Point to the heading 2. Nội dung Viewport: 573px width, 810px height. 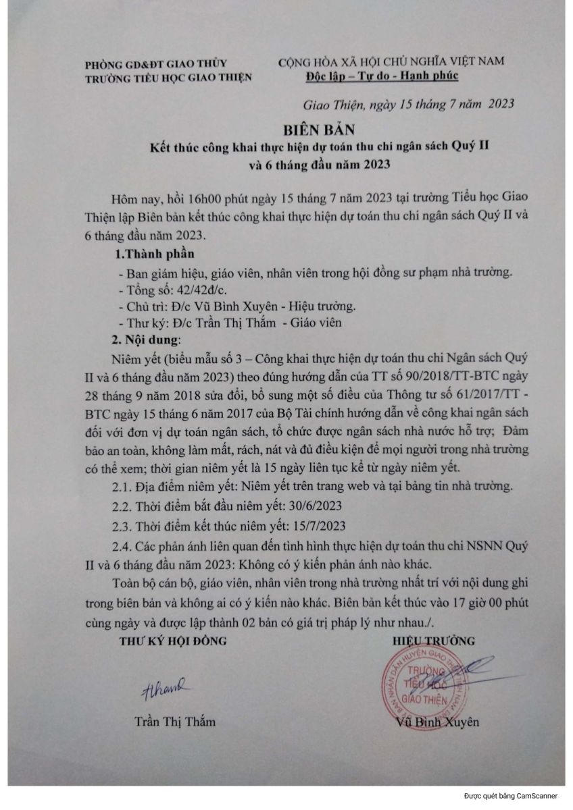(148, 339)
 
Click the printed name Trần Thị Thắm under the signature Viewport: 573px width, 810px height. (174, 722)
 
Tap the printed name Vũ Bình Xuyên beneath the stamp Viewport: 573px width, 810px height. (438, 722)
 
